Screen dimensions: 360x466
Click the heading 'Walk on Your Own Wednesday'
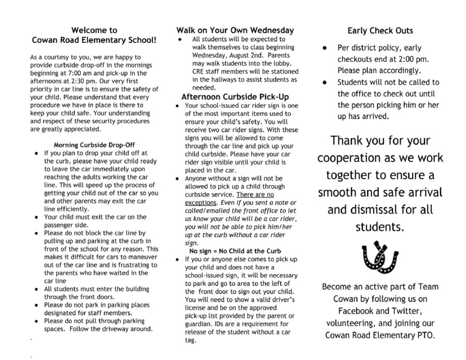(235, 30)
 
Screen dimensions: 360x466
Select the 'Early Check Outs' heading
(380, 31)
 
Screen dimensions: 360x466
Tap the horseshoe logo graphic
(379, 258)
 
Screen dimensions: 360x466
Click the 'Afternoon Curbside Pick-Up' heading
(235, 97)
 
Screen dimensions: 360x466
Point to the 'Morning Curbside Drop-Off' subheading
(94, 145)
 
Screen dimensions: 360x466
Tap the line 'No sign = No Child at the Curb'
(235, 251)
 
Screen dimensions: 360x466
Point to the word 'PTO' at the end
(425, 336)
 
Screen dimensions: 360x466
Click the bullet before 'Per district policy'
(324, 48)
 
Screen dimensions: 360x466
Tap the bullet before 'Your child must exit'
(36, 217)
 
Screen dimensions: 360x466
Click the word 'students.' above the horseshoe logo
(380, 227)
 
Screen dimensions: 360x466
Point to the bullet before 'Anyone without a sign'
(178, 179)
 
